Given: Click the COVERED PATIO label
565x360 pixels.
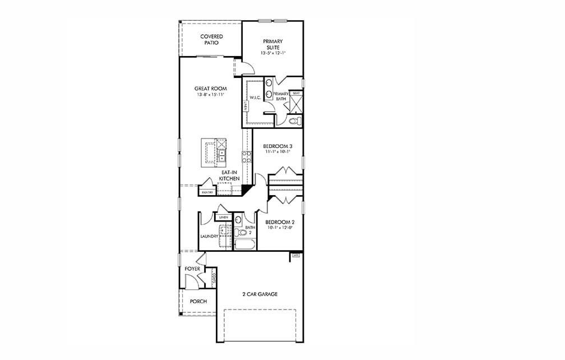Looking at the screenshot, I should coord(211,39).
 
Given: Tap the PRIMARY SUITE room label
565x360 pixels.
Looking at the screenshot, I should coord(273,44).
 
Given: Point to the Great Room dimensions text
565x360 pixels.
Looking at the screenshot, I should coord(210,95).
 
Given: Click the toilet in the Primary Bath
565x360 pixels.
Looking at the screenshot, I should coord(295,121).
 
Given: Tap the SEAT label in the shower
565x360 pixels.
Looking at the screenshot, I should coord(296,93).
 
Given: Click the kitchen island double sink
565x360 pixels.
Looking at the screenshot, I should coord(222,153).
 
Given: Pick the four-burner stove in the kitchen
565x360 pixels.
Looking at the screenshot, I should coord(246,154).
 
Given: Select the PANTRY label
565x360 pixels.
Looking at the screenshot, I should coord(206,192).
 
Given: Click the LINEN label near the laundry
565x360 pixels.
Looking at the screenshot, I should coord(223,216).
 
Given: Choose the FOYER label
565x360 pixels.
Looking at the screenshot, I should coord(192,269).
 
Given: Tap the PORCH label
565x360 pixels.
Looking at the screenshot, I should coord(198,301).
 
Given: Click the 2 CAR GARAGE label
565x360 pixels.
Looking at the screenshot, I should coord(260,294).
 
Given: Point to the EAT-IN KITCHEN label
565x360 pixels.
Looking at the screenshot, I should coord(229,176).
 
